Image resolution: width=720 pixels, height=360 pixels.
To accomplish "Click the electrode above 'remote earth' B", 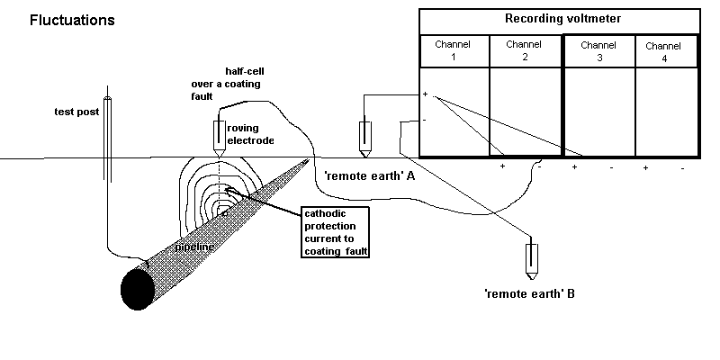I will coord(533,259).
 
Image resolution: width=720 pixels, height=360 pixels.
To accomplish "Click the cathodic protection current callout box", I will coord(337,230).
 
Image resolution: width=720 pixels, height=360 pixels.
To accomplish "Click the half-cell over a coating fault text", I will coord(221,84).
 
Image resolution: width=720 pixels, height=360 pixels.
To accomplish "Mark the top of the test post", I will coord(107,97).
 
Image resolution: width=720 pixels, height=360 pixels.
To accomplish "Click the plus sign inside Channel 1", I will coord(426,94).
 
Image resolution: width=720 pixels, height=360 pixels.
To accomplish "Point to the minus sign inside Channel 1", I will coord(425,118).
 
